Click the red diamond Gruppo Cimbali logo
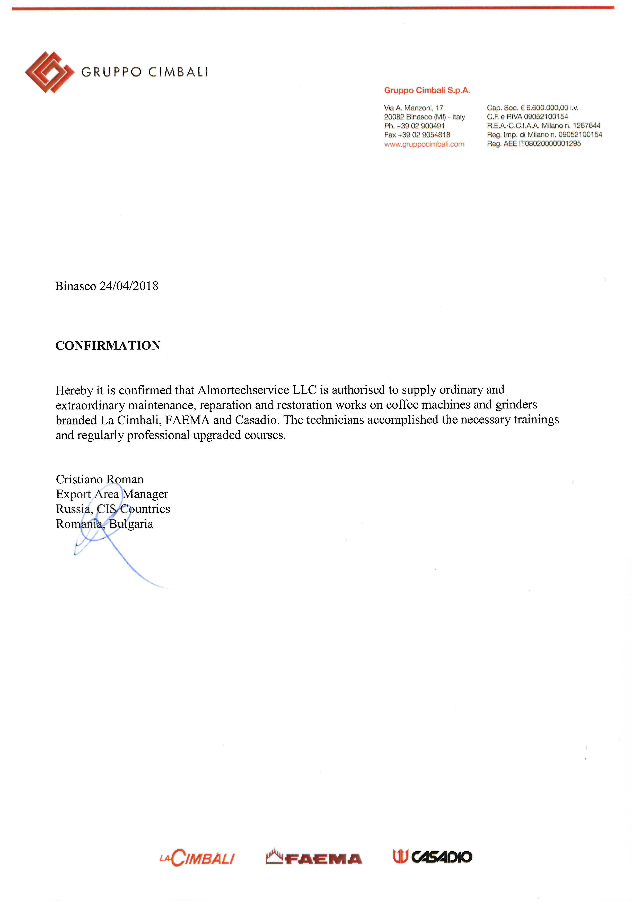click(49, 72)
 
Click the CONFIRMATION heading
click(108, 346)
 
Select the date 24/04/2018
click(129, 286)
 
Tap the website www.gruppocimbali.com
click(424, 144)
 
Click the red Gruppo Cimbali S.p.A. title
click(427, 90)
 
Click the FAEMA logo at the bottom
click(314, 857)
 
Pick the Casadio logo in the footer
click(432, 857)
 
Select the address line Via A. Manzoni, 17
click(414, 108)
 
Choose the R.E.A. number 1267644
click(587, 126)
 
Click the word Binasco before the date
click(76, 286)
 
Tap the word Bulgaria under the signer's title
click(131, 524)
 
